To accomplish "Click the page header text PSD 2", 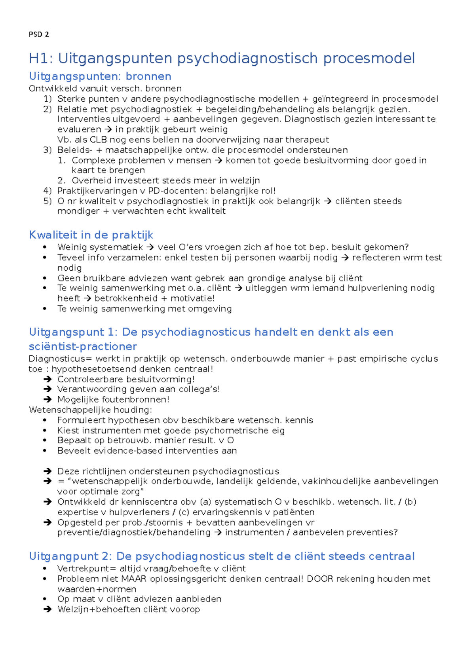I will pyautogui.click(x=39, y=34).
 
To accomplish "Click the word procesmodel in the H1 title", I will pyautogui.click(x=369, y=59).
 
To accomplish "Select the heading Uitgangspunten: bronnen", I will pyautogui.click(x=100, y=76).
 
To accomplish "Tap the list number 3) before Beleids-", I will pyautogui.click(x=47, y=150).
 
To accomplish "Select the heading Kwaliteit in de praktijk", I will pyautogui.click(x=91, y=235).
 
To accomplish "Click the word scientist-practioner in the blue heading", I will pyautogui.click(x=83, y=347).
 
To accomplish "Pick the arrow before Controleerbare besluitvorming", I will pyautogui.click(x=48, y=379).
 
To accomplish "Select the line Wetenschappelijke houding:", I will pyautogui.click(x=90, y=410).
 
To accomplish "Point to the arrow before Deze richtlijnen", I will pyautogui.click(x=48, y=471).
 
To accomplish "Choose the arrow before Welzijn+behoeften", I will pyautogui.click(x=48, y=609).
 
